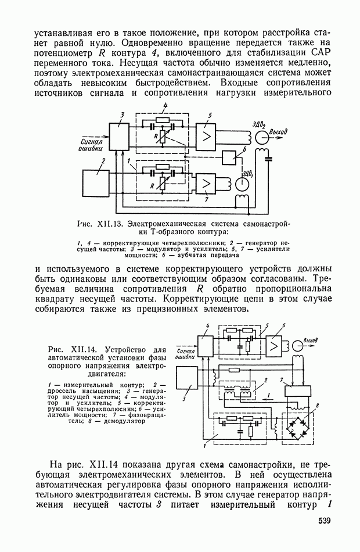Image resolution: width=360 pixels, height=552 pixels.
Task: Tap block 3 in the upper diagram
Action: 121,138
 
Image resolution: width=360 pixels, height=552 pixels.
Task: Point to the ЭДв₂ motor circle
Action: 263,137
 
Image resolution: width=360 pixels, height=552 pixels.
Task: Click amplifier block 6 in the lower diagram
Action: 273,347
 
